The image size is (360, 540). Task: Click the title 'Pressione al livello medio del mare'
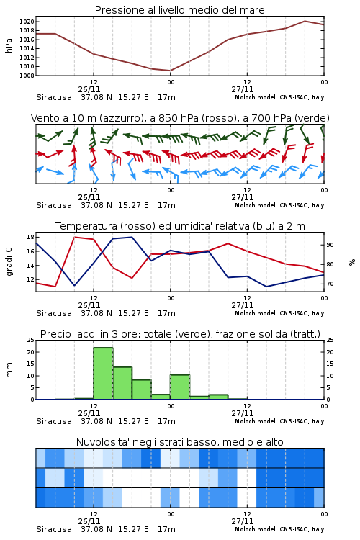tap(179, 10)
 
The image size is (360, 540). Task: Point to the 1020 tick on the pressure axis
tap(27, 22)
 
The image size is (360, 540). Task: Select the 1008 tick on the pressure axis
tap(27, 76)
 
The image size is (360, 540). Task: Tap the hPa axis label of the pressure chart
tap(9, 45)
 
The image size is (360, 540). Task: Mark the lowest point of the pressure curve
tap(170, 71)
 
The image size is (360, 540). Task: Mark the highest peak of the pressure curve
tap(305, 21)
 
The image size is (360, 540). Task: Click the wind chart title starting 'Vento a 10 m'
tap(180, 118)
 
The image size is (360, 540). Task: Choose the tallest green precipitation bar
tap(104, 374)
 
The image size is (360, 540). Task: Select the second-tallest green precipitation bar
tap(122, 383)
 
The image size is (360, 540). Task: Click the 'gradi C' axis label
tap(9, 261)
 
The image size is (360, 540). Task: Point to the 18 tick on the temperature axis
tap(30, 237)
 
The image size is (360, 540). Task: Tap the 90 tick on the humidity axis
tap(330, 245)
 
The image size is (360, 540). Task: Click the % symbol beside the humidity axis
tap(352, 262)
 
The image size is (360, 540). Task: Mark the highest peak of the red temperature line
tap(75, 237)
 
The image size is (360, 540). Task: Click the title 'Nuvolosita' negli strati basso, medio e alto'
tap(179, 442)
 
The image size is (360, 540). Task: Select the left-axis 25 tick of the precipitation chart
tap(30, 340)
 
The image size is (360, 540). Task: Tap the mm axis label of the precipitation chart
tap(9, 369)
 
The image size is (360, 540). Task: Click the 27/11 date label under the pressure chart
tap(243, 89)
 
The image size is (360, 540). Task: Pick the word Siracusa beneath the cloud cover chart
tap(54, 529)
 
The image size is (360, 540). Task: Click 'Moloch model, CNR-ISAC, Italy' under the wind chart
tap(279, 205)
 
